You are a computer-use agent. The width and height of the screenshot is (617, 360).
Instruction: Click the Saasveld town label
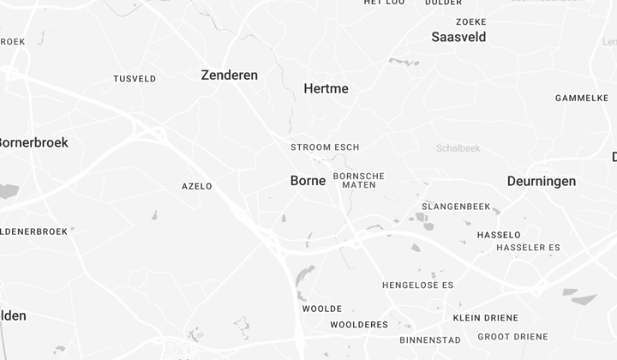point(458,37)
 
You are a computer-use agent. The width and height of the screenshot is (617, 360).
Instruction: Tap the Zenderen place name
point(229,75)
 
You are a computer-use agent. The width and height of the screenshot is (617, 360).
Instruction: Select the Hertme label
point(326,88)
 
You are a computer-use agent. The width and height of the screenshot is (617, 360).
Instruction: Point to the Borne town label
point(308,181)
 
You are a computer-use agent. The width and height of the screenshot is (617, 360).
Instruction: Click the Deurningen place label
point(541,182)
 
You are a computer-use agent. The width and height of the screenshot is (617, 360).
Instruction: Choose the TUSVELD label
point(135,79)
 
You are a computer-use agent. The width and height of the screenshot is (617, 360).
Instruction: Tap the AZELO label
point(196,186)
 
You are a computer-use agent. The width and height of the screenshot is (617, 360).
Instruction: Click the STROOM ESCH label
point(325,147)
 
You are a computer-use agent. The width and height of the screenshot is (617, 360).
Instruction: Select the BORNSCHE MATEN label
point(358,180)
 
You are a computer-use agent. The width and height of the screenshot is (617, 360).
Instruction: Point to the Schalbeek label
point(458,148)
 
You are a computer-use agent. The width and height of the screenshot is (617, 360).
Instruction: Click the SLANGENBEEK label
point(455,207)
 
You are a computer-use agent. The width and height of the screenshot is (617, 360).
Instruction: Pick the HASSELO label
point(498,235)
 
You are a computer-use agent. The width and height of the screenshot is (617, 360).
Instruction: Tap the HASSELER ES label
point(528,248)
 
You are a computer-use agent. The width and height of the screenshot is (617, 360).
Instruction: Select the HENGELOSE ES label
point(417,285)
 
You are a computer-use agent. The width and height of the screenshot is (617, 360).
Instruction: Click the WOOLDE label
point(321,309)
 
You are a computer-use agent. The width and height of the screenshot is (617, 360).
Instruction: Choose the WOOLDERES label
point(359,325)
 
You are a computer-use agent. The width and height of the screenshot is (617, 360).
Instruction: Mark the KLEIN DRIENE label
point(485,318)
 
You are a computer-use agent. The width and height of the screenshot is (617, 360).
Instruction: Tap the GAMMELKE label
point(581,98)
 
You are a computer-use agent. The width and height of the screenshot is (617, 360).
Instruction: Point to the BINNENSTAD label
point(429,339)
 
